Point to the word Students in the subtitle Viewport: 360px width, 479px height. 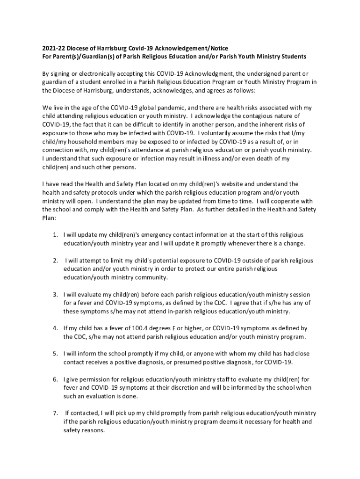[292, 57]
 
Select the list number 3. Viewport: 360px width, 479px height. [55, 295]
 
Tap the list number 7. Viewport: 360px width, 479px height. [55, 414]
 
